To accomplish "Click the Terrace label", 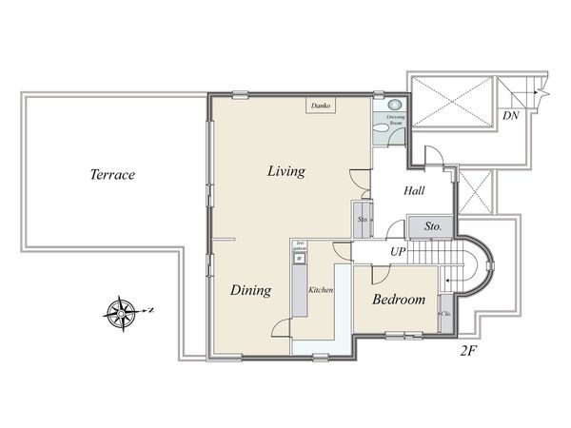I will (x=112, y=175).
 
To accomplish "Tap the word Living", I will (x=285, y=172).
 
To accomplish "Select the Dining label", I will (x=251, y=291).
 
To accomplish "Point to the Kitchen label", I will (x=321, y=290).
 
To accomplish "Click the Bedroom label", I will (x=398, y=300).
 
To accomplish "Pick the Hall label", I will (x=414, y=191).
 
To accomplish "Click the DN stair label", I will (x=511, y=115).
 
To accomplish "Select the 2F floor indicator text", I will (x=467, y=351).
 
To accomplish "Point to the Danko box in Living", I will (x=319, y=106).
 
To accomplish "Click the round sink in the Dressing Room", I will (x=395, y=106).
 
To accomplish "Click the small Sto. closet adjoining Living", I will (x=363, y=220).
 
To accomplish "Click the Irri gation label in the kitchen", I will (x=299, y=245).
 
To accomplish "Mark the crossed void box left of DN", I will (x=450, y=98).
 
